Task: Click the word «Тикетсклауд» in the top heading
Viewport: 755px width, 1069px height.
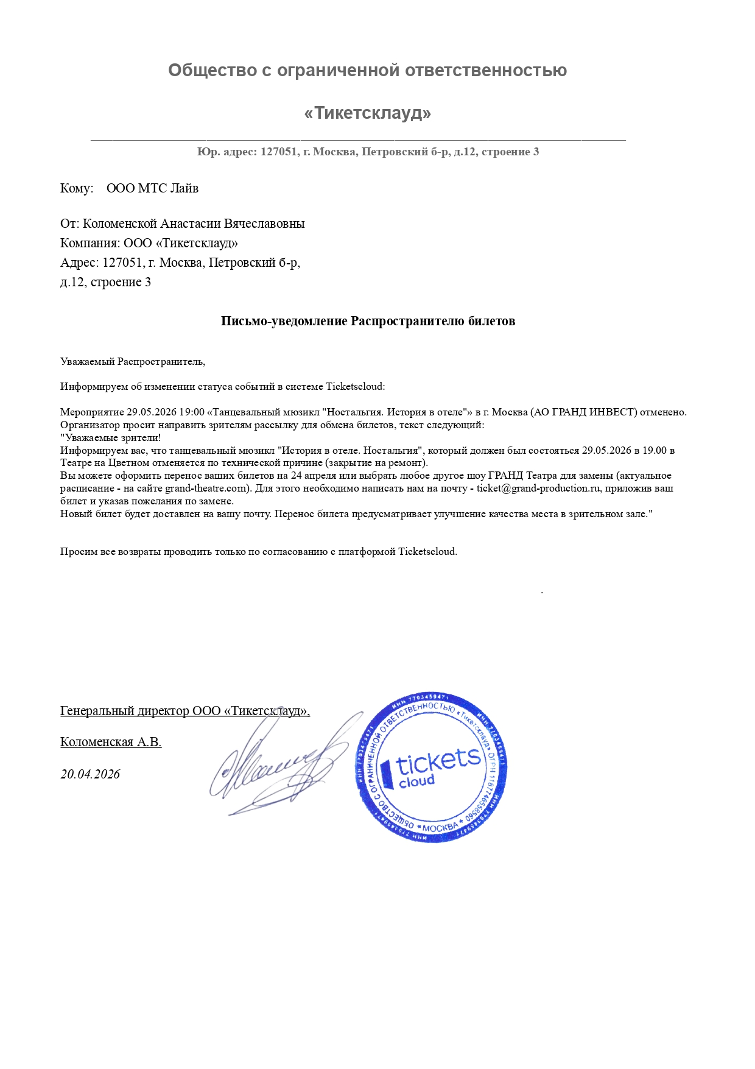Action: coord(367,113)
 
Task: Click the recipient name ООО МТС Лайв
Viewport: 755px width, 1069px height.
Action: coord(152,188)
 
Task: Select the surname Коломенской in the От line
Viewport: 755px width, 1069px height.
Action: coord(119,224)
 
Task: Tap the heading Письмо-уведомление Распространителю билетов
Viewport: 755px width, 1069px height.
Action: coord(368,321)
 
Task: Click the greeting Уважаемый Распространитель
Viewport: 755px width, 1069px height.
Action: coord(132,362)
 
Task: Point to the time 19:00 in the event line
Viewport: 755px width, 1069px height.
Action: coord(192,412)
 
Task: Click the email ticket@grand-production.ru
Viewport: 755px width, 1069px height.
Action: coord(539,489)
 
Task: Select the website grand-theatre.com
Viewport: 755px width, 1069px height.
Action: coord(206,489)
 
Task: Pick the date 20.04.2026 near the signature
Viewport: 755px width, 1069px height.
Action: coord(90,774)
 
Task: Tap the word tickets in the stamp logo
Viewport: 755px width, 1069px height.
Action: coord(438,761)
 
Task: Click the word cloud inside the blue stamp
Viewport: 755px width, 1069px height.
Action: coord(416,781)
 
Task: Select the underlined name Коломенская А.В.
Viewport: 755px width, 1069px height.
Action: coord(111,742)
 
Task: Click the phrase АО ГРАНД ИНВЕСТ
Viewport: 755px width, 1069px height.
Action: coord(585,412)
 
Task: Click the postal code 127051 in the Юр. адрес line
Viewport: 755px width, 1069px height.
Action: coord(279,152)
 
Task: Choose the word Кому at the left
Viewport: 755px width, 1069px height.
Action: coord(75,188)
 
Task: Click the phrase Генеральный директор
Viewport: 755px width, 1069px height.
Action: coord(124,711)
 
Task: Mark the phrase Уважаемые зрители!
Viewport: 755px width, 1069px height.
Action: coord(111,438)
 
